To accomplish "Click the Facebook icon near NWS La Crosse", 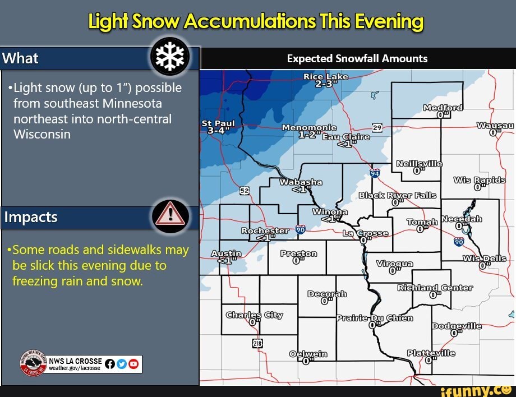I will [x=110, y=364].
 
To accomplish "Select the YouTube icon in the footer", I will [x=133, y=364].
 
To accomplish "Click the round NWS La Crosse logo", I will [x=33, y=363].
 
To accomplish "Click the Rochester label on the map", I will [x=264, y=230].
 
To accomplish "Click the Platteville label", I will [x=431, y=353].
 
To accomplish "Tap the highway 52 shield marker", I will [x=245, y=191].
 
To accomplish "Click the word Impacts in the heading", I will [x=31, y=217].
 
